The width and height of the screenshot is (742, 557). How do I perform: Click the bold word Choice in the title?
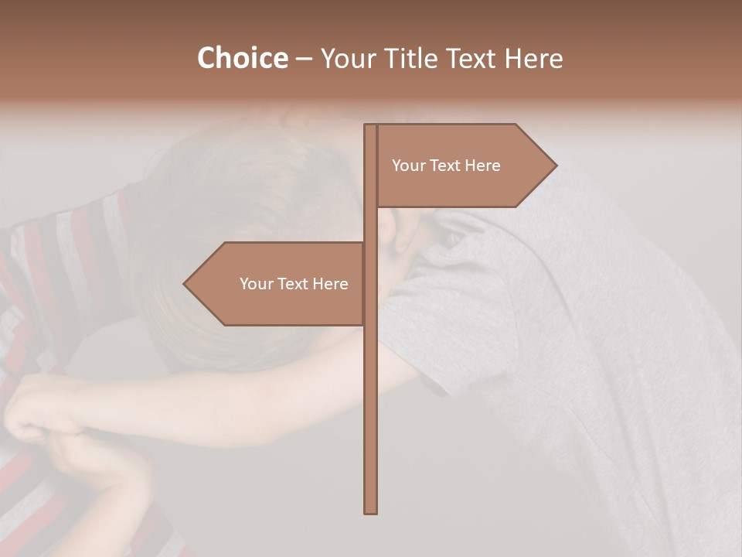242,58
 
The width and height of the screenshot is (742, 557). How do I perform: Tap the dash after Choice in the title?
304,59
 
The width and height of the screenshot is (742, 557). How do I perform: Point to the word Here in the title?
533,58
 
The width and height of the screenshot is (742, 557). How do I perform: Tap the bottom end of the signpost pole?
370,511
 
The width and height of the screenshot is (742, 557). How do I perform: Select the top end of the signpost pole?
370,126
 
